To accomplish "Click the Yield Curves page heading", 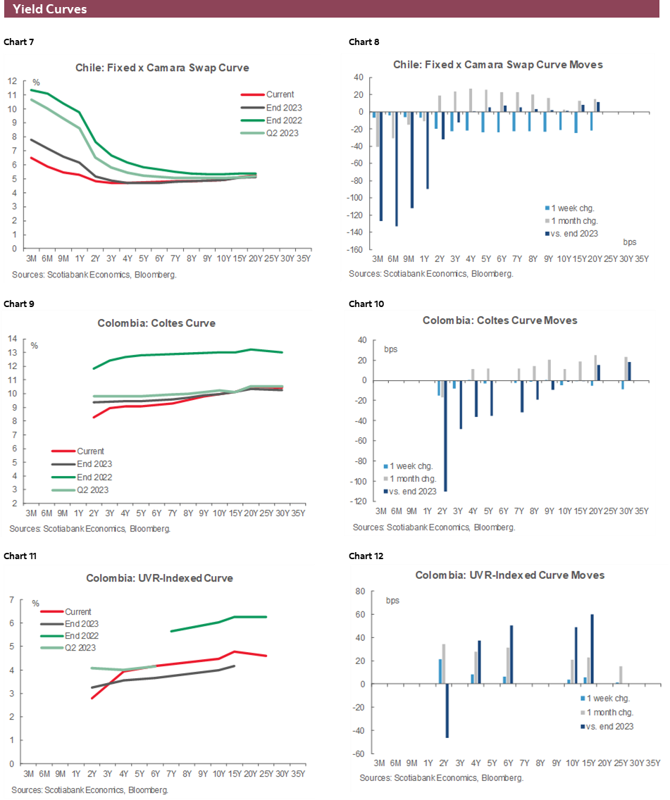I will click(x=50, y=9).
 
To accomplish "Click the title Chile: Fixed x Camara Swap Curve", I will click(x=162, y=68).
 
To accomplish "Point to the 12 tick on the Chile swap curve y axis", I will click(x=12, y=80).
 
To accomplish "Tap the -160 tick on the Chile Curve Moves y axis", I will click(x=358, y=249).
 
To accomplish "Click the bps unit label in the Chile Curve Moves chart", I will click(x=630, y=242).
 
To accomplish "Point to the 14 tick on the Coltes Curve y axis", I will click(x=12, y=338).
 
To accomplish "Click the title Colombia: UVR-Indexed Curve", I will click(x=159, y=578).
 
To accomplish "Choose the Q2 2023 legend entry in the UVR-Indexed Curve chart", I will click(x=80, y=647).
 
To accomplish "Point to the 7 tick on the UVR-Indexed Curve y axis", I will click(x=12, y=599).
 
